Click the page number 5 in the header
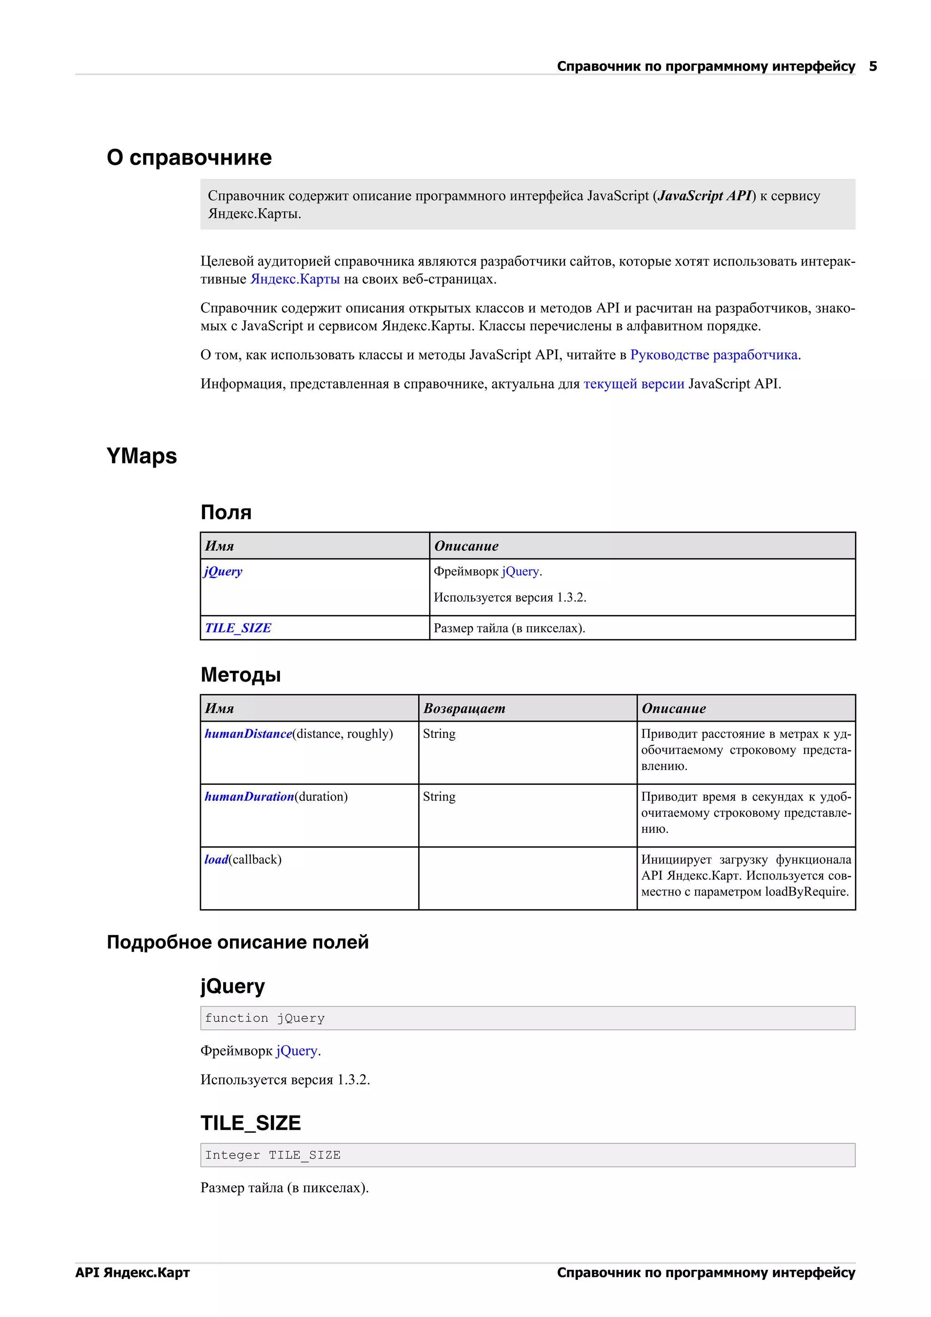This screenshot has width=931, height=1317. (x=872, y=66)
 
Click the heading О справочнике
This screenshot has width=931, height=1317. (x=189, y=157)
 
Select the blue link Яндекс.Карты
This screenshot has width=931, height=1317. (x=295, y=279)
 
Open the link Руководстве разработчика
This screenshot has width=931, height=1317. (x=714, y=355)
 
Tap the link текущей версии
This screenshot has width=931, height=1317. (x=633, y=384)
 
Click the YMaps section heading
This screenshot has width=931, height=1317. (x=141, y=456)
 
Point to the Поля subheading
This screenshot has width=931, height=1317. (x=226, y=512)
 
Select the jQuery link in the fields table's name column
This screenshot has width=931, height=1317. (x=223, y=571)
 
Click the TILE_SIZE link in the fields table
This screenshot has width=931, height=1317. (x=238, y=628)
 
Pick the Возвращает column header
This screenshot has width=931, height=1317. (x=464, y=709)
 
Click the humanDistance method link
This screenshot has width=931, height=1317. (x=248, y=734)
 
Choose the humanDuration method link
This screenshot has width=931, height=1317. (x=250, y=797)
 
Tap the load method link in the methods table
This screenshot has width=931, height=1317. (x=216, y=859)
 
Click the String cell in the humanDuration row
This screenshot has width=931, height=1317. (x=439, y=797)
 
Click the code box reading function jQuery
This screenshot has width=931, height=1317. (x=527, y=1018)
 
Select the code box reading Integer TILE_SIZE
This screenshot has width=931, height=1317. (x=527, y=1155)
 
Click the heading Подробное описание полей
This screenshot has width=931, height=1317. (x=237, y=942)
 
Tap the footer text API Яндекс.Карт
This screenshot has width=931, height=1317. (x=132, y=1272)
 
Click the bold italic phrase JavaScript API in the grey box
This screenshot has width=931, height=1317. (x=705, y=196)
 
